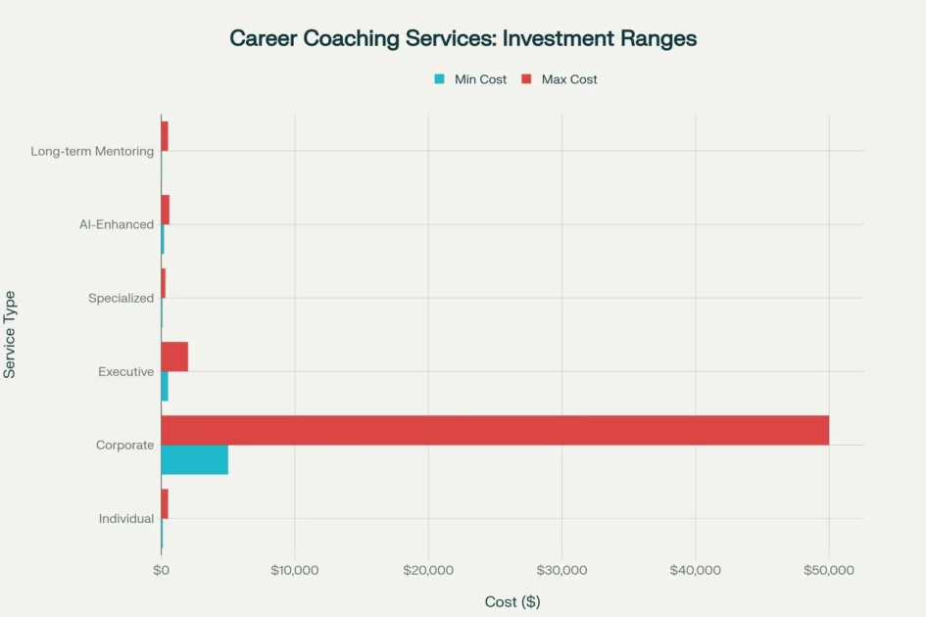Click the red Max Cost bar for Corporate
coord(495,430)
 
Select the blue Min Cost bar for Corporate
coord(194,459)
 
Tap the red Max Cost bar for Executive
coord(174,356)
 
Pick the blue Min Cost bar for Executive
coord(165,386)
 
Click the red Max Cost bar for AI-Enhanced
coord(166,210)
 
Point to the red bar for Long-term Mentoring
coord(165,136)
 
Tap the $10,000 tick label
coord(295,570)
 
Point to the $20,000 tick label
coord(428,570)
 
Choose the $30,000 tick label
coord(562,570)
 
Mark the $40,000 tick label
coord(696,570)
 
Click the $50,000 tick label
coord(829,570)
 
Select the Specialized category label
coord(121,298)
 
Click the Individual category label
coord(126,518)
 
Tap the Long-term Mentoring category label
coord(92,151)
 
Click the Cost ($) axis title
coord(512,601)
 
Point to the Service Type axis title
coord(10,334)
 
